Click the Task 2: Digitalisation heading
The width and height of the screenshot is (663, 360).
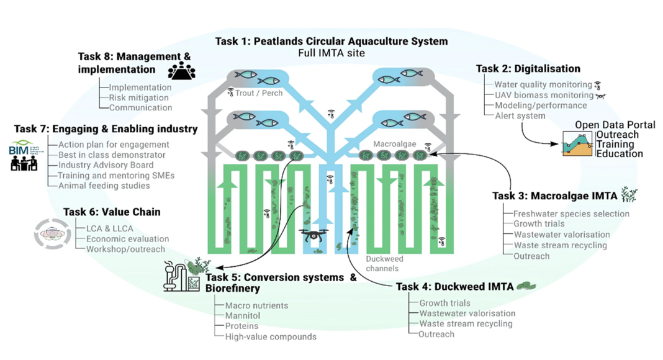tap(528, 69)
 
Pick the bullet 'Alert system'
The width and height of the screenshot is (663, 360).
tap(511, 115)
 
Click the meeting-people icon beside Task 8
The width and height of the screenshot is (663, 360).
tap(181, 71)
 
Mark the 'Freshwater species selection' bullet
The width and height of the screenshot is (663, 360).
tap(571, 214)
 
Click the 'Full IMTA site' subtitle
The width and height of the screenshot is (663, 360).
tap(331, 53)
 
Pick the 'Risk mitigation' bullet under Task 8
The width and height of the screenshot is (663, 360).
tap(138, 97)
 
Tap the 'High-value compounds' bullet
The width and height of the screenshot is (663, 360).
tap(271, 336)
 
